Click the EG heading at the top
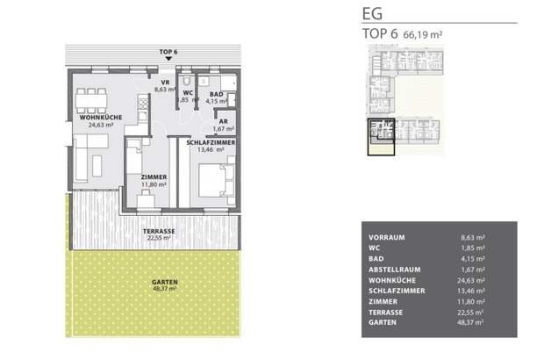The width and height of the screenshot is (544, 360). pyautogui.click(x=373, y=14)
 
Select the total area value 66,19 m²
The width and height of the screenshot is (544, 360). pyautogui.click(x=425, y=34)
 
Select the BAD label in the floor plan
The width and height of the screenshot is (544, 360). pyautogui.click(x=216, y=94)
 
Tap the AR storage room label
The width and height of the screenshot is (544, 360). pyautogui.click(x=223, y=122)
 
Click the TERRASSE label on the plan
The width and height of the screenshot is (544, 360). pyautogui.click(x=159, y=231)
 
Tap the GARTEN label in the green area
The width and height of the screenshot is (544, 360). pyautogui.click(x=164, y=282)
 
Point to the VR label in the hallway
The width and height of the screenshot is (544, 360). pyautogui.click(x=164, y=83)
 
